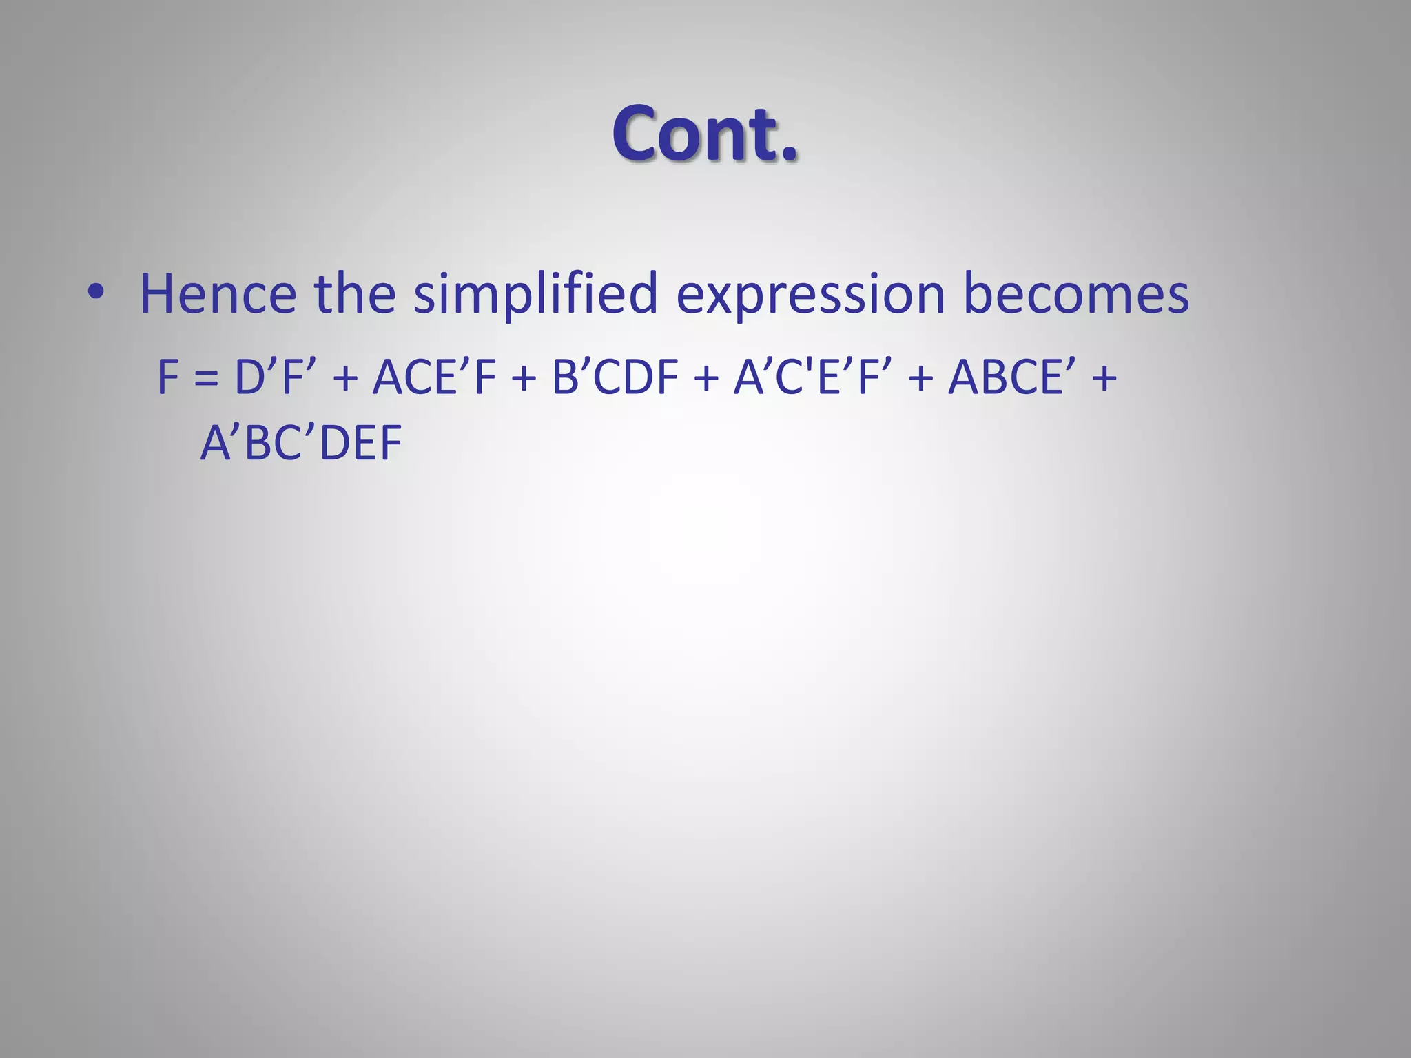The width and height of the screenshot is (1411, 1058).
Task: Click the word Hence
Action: coord(218,294)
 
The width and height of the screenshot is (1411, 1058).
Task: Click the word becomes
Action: coord(1075,294)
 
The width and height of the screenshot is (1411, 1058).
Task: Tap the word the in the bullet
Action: coord(354,294)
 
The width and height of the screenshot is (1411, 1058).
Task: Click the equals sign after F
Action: coord(206,379)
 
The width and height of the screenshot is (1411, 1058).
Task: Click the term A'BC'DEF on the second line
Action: coord(301,443)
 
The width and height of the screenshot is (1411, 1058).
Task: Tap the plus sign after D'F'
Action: coord(344,379)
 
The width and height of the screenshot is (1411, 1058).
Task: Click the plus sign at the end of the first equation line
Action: coord(1104,379)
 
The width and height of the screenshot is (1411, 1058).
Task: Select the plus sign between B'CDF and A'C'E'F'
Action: coord(705,379)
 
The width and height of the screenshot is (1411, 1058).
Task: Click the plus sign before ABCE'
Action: coord(921,379)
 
